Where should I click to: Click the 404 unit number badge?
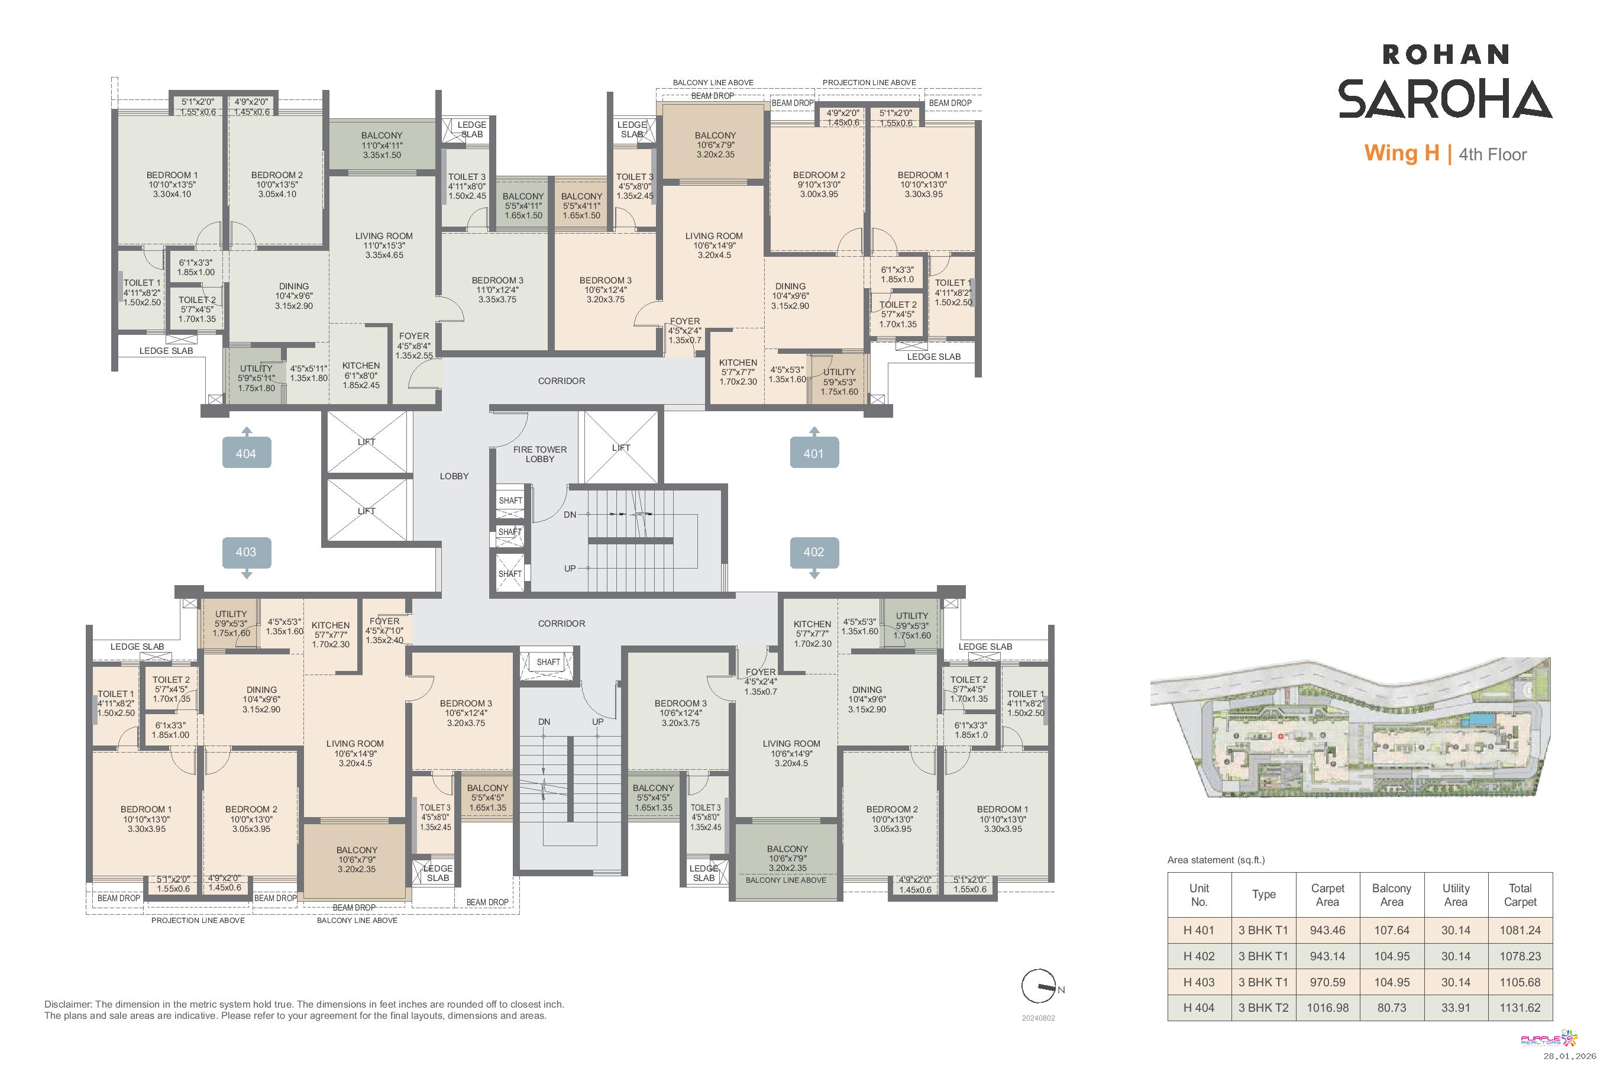click(247, 453)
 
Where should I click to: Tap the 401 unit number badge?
click(814, 453)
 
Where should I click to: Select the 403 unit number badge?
click(247, 552)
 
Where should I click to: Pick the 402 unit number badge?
click(814, 552)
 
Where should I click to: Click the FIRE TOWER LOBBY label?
click(540, 454)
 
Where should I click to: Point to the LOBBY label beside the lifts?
click(454, 476)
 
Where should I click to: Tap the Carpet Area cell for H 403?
click(1327, 982)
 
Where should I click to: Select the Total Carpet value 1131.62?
click(1520, 1008)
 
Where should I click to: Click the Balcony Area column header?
click(1391, 895)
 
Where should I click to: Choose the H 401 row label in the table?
click(1198, 931)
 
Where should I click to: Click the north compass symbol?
click(1040, 986)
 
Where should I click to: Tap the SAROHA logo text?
click(1445, 99)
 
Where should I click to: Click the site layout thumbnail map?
click(1351, 726)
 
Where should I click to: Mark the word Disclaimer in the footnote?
click(68, 1004)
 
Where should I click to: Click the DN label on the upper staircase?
click(570, 515)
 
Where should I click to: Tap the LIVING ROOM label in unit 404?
click(384, 236)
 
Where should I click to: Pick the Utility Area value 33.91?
click(1456, 1008)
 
